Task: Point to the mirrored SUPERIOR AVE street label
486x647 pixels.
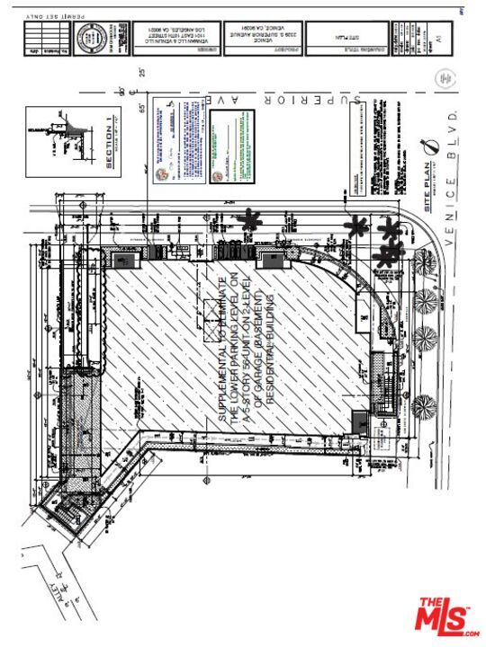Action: (305, 97)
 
